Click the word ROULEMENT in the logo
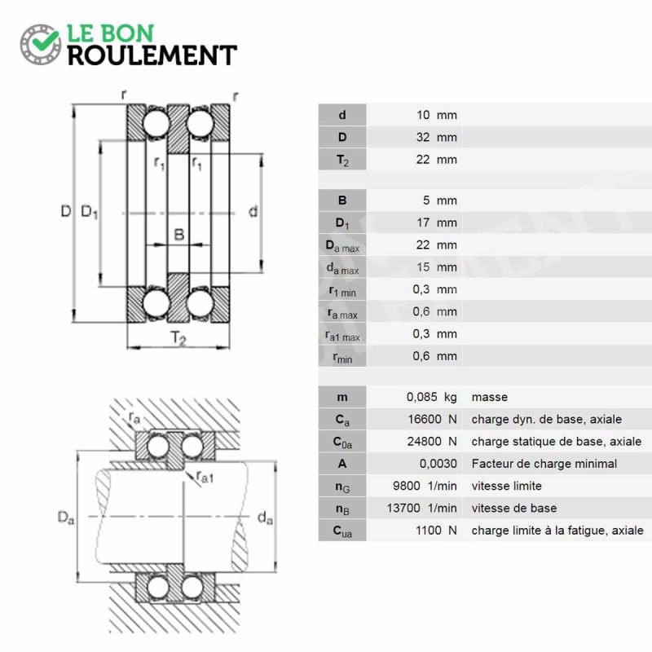152,55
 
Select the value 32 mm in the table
437,137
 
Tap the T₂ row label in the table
342,160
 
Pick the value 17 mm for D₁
437,222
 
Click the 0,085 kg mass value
432,397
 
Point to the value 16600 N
433,419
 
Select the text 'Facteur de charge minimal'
544,464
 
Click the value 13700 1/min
421,508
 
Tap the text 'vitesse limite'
506,486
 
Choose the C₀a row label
342,442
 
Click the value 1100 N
436,531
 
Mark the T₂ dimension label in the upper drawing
178,337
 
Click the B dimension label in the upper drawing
178,235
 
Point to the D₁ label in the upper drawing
90,212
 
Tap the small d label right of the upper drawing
253,212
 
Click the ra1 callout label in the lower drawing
205,477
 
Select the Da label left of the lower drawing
66,518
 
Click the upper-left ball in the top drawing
156,124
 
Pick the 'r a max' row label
342,313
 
